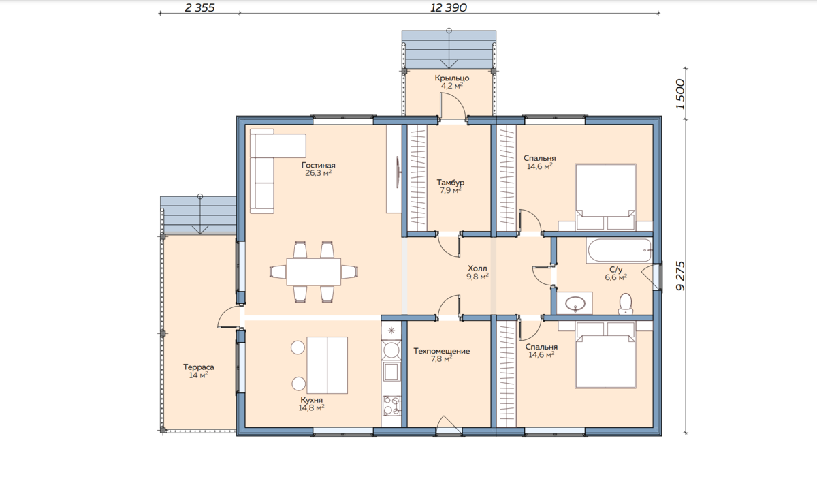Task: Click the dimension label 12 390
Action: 448,7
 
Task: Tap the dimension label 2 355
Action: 199,7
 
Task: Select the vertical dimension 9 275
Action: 681,276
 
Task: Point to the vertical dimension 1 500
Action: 681,94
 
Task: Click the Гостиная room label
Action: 319,165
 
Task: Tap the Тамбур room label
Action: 451,182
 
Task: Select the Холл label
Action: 477,268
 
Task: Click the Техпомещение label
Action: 441,351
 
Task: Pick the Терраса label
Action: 198,367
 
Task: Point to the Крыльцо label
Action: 451,78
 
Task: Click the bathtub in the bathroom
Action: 620,251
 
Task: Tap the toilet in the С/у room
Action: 626,304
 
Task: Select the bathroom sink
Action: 575,303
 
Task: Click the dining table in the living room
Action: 314,272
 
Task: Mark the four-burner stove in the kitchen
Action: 391,406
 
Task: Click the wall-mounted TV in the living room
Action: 398,172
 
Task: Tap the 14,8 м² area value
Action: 312,408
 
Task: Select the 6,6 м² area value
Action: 616,277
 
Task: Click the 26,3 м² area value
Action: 319,173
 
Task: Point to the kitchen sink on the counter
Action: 391,371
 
